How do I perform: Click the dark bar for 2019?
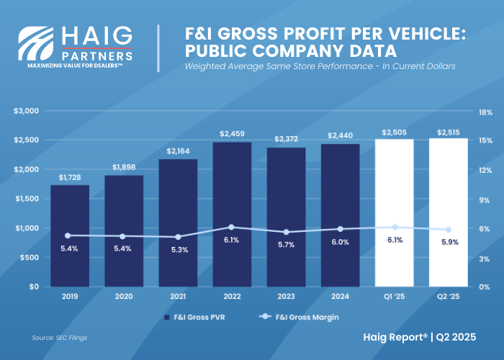coord(69,235)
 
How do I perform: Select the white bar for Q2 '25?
coord(448,212)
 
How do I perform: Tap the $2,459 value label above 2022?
coord(232,134)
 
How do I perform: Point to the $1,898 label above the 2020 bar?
coord(123,167)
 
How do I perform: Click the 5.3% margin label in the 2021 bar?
coord(178,249)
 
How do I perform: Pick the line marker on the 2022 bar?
coord(232,227)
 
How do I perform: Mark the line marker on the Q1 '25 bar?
coord(394,227)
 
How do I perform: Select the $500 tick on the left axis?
coord(30,257)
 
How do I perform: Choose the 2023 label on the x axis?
coord(286,295)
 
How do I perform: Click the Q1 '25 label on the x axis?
coord(394,295)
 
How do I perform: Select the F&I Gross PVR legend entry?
coord(192,317)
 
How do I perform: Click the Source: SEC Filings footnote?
coord(60,337)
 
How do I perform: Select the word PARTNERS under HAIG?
coord(96,55)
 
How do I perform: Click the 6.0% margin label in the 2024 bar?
coord(340,242)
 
